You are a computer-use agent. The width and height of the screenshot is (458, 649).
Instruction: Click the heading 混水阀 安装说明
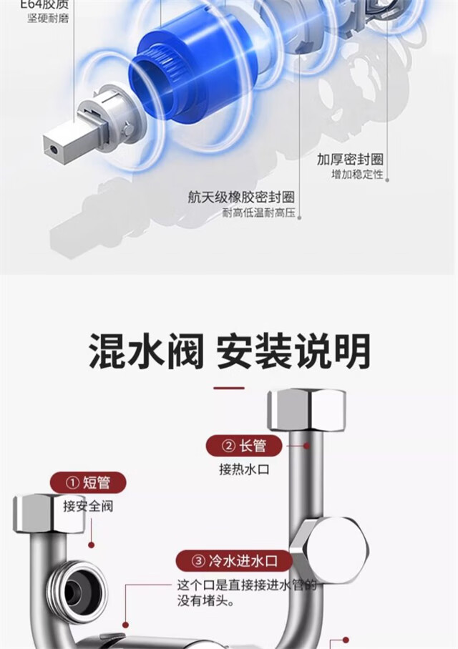click(229, 351)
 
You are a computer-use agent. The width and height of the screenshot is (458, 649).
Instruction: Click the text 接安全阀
click(88, 507)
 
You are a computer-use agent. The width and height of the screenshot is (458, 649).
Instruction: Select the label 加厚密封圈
click(350, 159)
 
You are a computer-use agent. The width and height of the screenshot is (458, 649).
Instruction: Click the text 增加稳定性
click(356, 175)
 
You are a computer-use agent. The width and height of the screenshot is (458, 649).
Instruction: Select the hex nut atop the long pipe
click(306, 410)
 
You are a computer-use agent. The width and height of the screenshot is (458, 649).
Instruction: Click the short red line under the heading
click(229, 389)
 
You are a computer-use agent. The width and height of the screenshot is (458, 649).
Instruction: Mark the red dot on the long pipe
click(308, 445)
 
